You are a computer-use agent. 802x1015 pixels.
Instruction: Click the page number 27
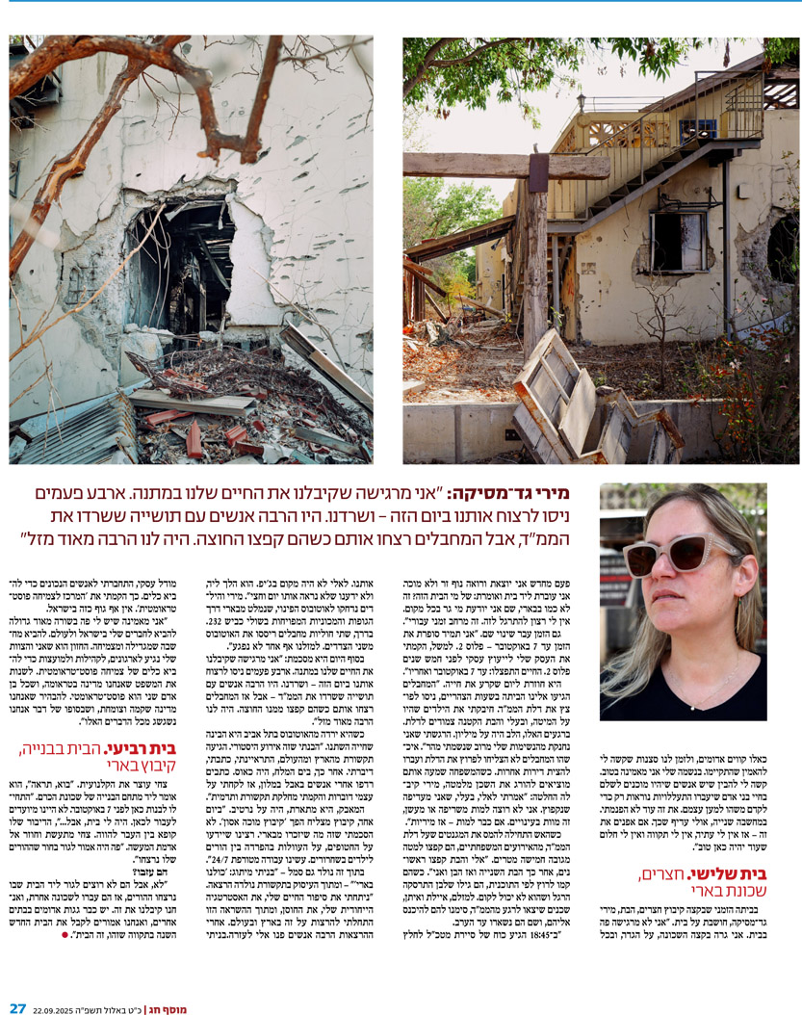17,1007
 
